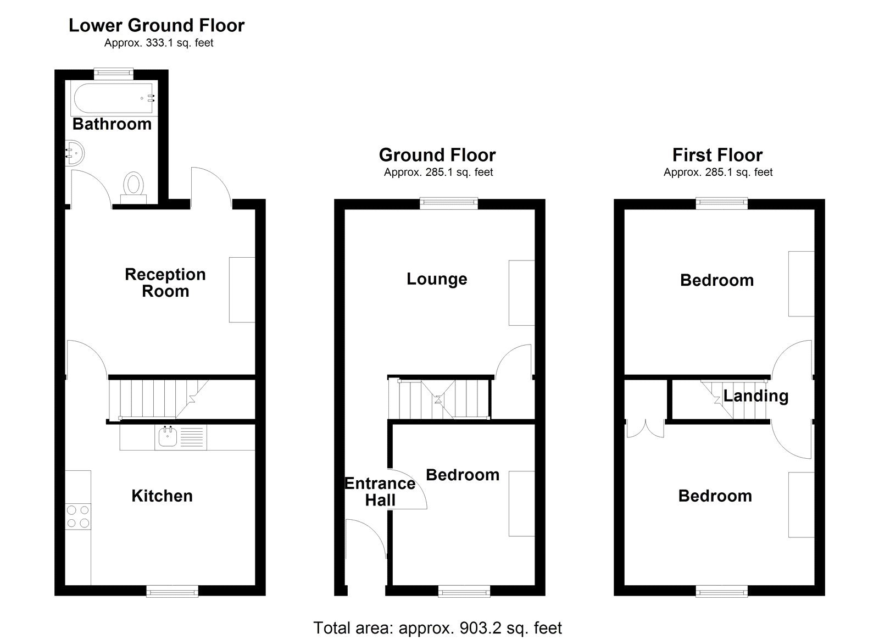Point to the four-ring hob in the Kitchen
point(77,516)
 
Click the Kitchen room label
point(162,496)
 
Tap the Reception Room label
point(165,282)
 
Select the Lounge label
point(437,279)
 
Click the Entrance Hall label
point(380,492)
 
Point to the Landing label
point(755,396)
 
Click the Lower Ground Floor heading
point(157,25)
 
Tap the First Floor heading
point(717,155)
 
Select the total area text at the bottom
point(437,627)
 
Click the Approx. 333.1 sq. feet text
point(159,43)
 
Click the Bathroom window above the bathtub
point(113,71)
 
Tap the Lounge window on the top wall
point(449,203)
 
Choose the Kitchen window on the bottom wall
point(172,591)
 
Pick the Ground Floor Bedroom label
point(463,475)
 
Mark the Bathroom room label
point(112,124)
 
